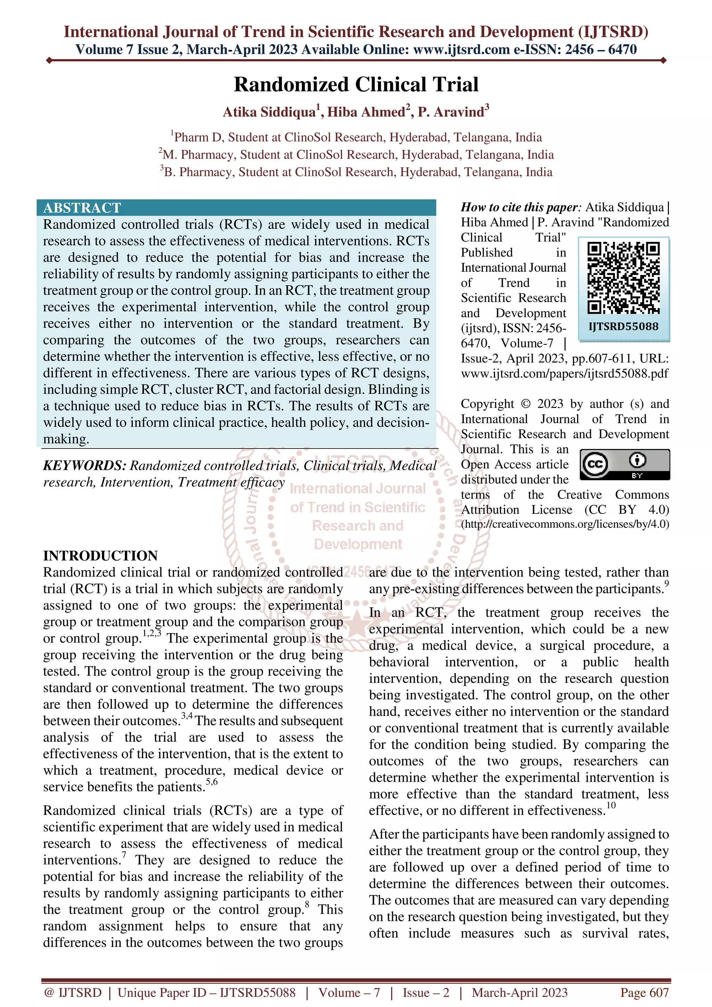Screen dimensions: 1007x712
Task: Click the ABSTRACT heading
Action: coord(82,207)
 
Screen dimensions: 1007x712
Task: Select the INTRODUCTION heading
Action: coord(100,555)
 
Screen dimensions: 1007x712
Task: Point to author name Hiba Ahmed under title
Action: coord(366,112)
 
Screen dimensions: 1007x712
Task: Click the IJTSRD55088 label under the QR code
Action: coord(623,326)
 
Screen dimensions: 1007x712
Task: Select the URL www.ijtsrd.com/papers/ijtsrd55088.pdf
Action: coord(565,373)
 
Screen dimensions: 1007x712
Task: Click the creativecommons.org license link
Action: coord(565,524)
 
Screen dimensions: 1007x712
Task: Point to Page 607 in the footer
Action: coord(644,992)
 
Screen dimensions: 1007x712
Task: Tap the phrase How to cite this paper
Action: coord(520,207)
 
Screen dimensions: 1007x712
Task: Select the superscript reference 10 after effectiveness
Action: coord(611,805)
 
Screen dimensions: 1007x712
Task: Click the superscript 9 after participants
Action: coord(666,584)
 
